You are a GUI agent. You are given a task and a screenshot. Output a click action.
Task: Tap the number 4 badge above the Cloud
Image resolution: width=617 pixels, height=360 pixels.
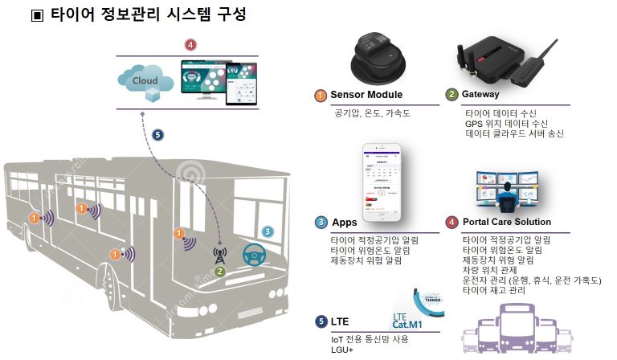[189, 45]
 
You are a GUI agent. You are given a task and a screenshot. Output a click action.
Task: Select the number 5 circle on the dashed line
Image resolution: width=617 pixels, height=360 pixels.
[157, 135]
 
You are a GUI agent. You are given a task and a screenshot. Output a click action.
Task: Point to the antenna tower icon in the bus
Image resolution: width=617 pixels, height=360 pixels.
[219, 254]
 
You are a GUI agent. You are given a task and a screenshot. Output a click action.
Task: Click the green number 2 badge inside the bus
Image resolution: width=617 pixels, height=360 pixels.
[219, 272]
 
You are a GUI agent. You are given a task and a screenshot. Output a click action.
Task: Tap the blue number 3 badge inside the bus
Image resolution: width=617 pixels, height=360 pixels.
[268, 232]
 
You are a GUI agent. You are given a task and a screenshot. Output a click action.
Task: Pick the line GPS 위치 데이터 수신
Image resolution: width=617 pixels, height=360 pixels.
[506, 123]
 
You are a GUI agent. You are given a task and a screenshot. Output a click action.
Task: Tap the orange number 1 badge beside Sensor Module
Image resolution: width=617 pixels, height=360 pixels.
[321, 96]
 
